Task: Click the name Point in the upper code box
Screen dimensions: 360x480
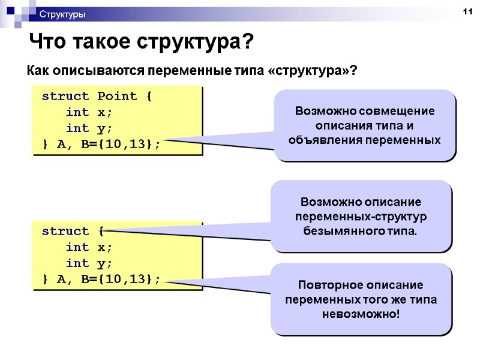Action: click(x=117, y=96)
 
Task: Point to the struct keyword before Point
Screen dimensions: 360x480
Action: click(x=65, y=96)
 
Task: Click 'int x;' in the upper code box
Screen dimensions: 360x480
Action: click(x=89, y=112)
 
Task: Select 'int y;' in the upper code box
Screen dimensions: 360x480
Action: click(x=89, y=128)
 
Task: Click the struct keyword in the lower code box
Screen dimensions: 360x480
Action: click(x=65, y=231)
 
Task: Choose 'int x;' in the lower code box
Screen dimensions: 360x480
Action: click(x=89, y=247)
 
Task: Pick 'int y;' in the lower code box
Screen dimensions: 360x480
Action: click(x=89, y=263)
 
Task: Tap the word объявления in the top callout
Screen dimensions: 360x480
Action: click(x=323, y=140)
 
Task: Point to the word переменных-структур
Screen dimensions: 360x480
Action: click(x=361, y=216)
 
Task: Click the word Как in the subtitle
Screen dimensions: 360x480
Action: click(x=38, y=71)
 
